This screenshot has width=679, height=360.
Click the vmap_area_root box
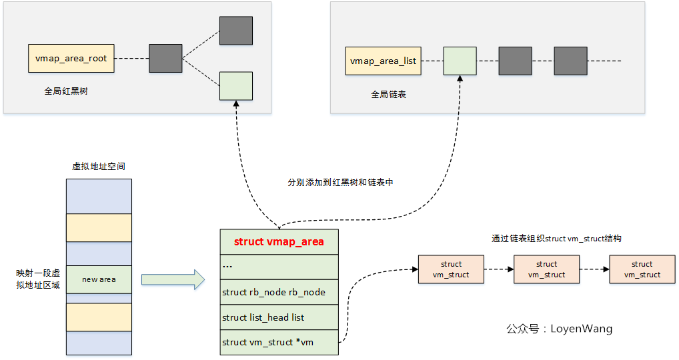click(x=71, y=59)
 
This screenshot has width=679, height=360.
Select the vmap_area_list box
click(x=383, y=61)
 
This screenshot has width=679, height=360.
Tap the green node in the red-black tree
click(x=236, y=86)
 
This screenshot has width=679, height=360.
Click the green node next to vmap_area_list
click(x=460, y=61)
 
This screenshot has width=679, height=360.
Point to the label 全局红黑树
click(x=66, y=91)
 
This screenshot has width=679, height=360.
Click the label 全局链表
click(x=389, y=95)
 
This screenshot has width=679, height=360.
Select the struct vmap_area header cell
click(x=279, y=241)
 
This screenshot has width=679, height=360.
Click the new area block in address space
click(x=99, y=279)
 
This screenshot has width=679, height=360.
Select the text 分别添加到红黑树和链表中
click(x=340, y=182)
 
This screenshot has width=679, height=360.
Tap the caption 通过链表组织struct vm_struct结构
click(x=556, y=238)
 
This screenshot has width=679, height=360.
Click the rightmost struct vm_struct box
click(x=642, y=269)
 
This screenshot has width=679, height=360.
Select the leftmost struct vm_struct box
click(x=451, y=269)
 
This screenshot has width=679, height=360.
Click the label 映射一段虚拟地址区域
click(x=38, y=279)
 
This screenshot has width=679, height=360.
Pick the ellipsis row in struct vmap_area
click(x=279, y=266)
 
